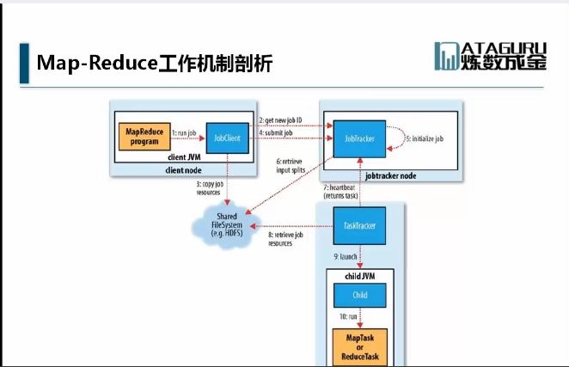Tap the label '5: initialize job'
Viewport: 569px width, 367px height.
[x=425, y=138]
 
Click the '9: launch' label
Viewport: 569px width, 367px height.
[x=346, y=255]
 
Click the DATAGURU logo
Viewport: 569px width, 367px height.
[x=489, y=56]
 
